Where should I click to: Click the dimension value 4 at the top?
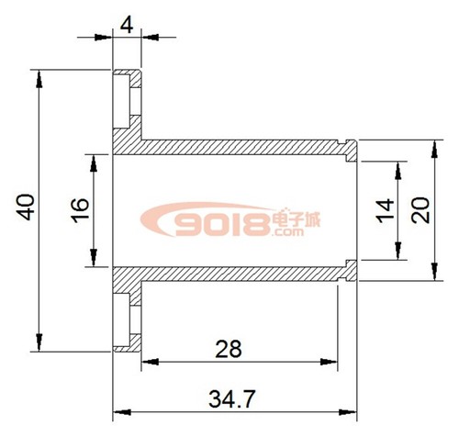click(x=127, y=23)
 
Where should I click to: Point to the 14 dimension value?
click(x=385, y=209)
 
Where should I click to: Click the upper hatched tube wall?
click(x=239, y=148)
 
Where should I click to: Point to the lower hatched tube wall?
click(x=239, y=273)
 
